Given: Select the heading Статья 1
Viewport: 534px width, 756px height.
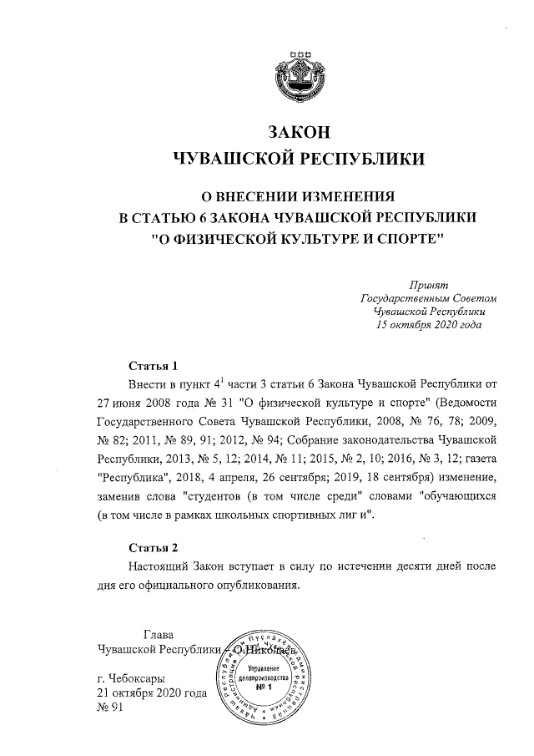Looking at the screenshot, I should pyautogui.click(x=154, y=366).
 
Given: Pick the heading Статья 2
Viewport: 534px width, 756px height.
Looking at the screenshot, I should pyautogui.click(x=154, y=548).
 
